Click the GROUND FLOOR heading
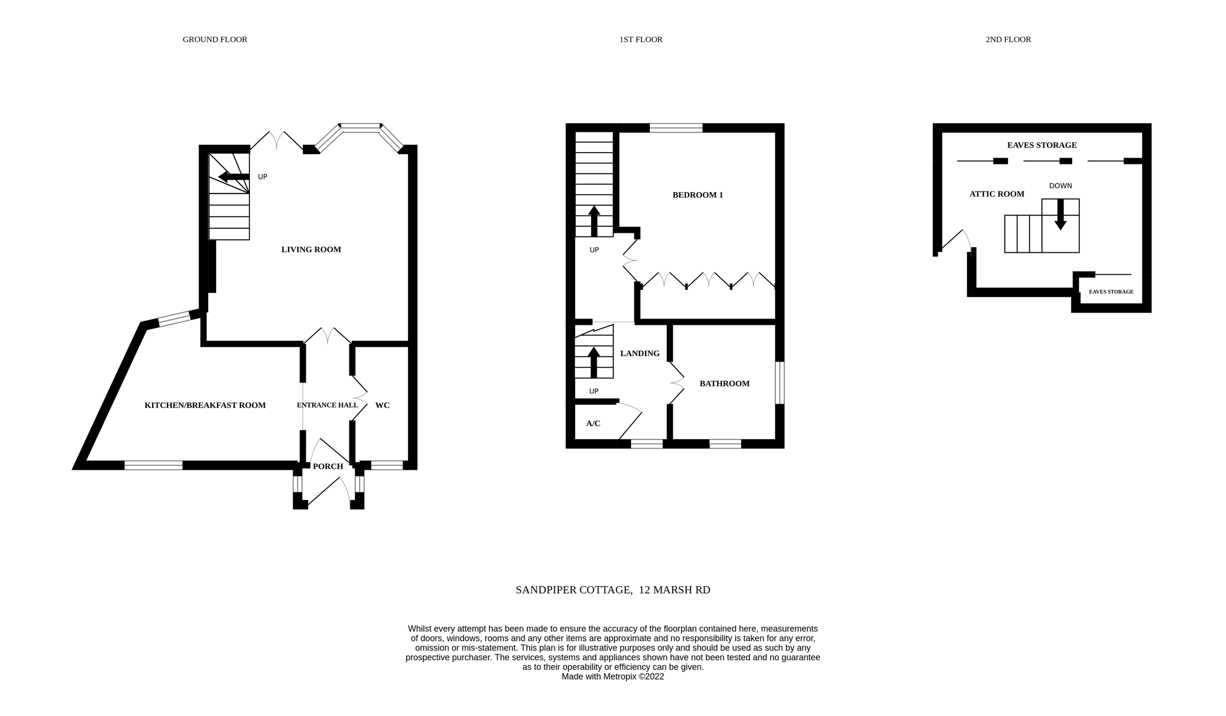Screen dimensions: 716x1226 (215, 39)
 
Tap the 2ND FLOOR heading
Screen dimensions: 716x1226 (1008, 39)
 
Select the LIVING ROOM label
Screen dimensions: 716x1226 (311, 249)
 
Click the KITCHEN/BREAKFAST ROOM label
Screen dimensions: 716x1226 (205, 405)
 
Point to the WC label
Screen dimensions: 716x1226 (382, 405)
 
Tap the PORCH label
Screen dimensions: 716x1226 (328, 466)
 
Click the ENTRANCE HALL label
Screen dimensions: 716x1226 (327, 405)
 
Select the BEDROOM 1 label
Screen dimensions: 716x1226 (697, 195)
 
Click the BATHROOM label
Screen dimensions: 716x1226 (724, 384)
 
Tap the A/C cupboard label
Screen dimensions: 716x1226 (593, 423)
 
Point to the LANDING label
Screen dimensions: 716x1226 (640, 353)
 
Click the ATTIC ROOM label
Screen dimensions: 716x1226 (997, 194)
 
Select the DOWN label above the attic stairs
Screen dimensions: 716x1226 (1060, 186)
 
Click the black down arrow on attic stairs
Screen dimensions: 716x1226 (1060, 214)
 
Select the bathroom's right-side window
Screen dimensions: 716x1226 (780, 383)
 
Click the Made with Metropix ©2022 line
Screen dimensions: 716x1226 (612, 677)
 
